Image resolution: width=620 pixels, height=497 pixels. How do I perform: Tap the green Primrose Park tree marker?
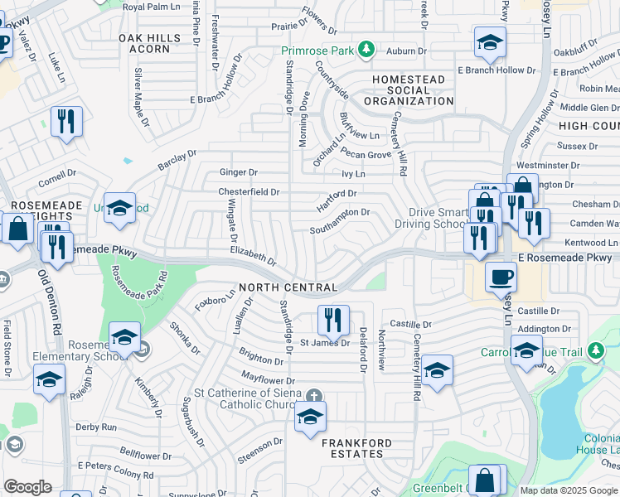point(365,51)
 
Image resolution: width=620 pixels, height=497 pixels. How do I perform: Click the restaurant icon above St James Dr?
point(333,319)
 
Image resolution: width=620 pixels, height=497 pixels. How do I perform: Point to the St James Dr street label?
point(325,342)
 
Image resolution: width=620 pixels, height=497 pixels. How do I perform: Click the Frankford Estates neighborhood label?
point(356,449)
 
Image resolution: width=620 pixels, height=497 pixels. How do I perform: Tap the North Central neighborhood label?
point(288,287)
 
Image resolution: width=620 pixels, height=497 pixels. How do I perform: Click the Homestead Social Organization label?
point(409,90)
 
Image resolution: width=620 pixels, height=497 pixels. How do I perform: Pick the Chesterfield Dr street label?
point(249,191)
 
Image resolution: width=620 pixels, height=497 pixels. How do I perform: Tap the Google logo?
point(27,487)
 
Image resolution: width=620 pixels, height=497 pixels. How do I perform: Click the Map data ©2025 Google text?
point(568,490)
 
